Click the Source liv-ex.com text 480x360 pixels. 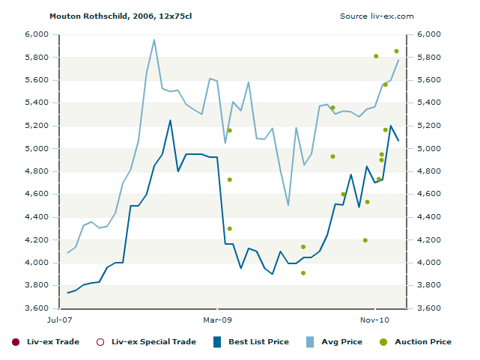[x=377, y=16]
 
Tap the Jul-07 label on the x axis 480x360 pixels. [x=59, y=320]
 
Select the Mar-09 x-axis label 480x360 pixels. [x=218, y=320]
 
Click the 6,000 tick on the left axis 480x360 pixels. [x=36, y=34]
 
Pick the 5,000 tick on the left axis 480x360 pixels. [x=36, y=149]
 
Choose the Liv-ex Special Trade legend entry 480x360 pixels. [x=146, y=342]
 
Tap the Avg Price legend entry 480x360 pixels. [x=334, y=342]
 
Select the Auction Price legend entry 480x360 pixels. [x=416, y=342]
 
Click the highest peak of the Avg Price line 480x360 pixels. [x=154, y=40]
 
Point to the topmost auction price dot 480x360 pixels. [x=397, y=51]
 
